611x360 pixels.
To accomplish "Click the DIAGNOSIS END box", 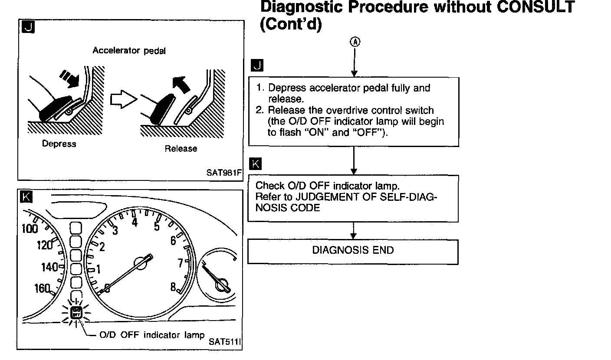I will tap(353, 251).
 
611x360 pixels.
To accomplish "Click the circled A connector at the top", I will tap(355, 42).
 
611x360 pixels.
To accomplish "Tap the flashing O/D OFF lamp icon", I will tap(76, 311).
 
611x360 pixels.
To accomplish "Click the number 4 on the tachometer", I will tap(135, 222).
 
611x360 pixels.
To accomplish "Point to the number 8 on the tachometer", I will tap(173, 287).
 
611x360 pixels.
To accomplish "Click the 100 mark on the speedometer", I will tap(30, 229).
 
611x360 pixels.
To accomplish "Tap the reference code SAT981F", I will tap(223, 173).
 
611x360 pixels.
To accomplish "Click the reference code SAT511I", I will tap(224, 341).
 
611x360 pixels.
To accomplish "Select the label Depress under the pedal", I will tap(59, 144).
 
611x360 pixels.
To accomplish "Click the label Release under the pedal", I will tap(181, 149).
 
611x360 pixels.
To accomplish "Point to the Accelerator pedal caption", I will tap(129, 51).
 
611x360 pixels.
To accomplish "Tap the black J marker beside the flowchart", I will tap(257, 66).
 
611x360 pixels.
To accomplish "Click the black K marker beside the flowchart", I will tap(256, 164).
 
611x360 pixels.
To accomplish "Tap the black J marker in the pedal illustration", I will tap(27, 27).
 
